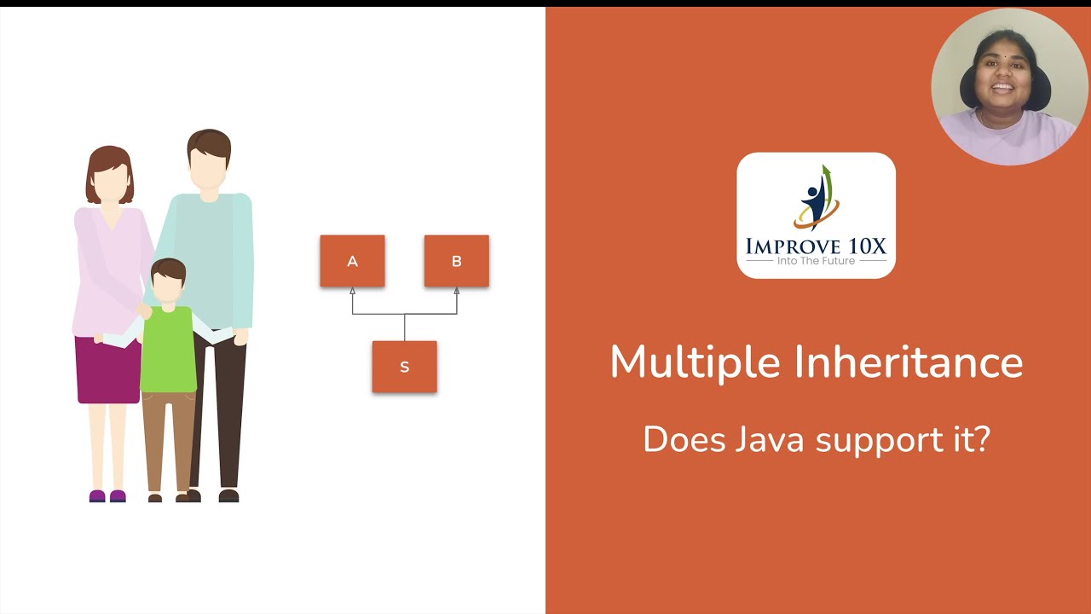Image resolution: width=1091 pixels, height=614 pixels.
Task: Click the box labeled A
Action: click(352, 261)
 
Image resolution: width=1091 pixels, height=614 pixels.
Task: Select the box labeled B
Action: click(456, 261)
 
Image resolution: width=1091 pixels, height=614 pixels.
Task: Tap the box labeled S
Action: click(404, 367)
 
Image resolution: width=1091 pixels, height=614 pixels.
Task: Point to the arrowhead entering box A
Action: click(352, 292)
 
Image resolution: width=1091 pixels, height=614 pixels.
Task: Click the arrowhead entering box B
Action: click(457, 292)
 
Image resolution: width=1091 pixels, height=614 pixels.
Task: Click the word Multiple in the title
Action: click(695, 362)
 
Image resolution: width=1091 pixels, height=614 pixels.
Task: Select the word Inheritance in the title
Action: click(909, 362)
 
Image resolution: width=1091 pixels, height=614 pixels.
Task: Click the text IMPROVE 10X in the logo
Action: click(816, 246)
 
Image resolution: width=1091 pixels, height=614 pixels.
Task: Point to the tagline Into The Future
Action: click(816, 261)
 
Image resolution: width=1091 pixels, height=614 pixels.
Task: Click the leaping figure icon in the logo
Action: click(816, 198)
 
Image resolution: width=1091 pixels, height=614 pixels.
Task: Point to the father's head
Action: click(208, 160)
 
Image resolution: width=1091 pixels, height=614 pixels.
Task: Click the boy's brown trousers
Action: click(167, 439)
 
